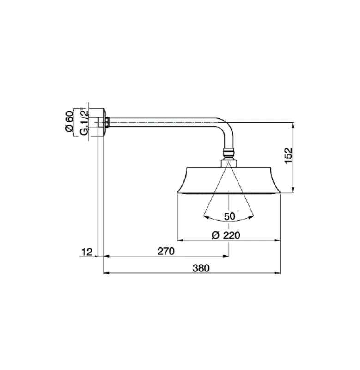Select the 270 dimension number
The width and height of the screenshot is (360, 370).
tap(165, 252)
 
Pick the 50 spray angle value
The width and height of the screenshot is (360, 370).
tap(230, 216)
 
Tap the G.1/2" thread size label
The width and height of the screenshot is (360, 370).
tap(84, 123)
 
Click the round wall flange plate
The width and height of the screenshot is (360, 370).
tap(104, 123)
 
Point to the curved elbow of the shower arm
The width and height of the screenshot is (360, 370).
tap(226, 130)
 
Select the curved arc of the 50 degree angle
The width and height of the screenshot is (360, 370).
tap(230, 220)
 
